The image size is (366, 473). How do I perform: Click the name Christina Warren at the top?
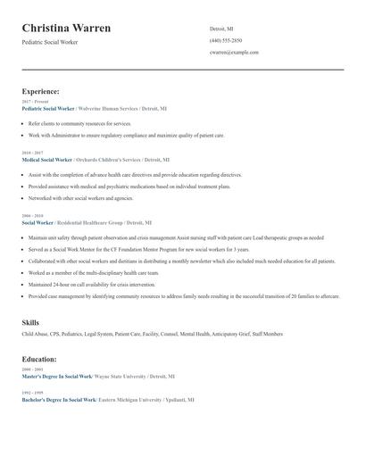[x=67, y=29]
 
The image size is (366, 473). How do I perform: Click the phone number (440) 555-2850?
[x=226, y=40]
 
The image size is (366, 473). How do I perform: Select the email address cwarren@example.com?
[x=234, y=53]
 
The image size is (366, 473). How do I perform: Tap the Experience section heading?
[x=41, y=91]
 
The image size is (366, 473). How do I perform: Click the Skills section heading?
[x=30, y=321]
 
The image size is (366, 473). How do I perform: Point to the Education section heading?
[x=39, y=359]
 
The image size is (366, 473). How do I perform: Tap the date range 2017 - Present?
[x=36, y=102]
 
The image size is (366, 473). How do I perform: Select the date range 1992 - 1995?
[x=31, y=393]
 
